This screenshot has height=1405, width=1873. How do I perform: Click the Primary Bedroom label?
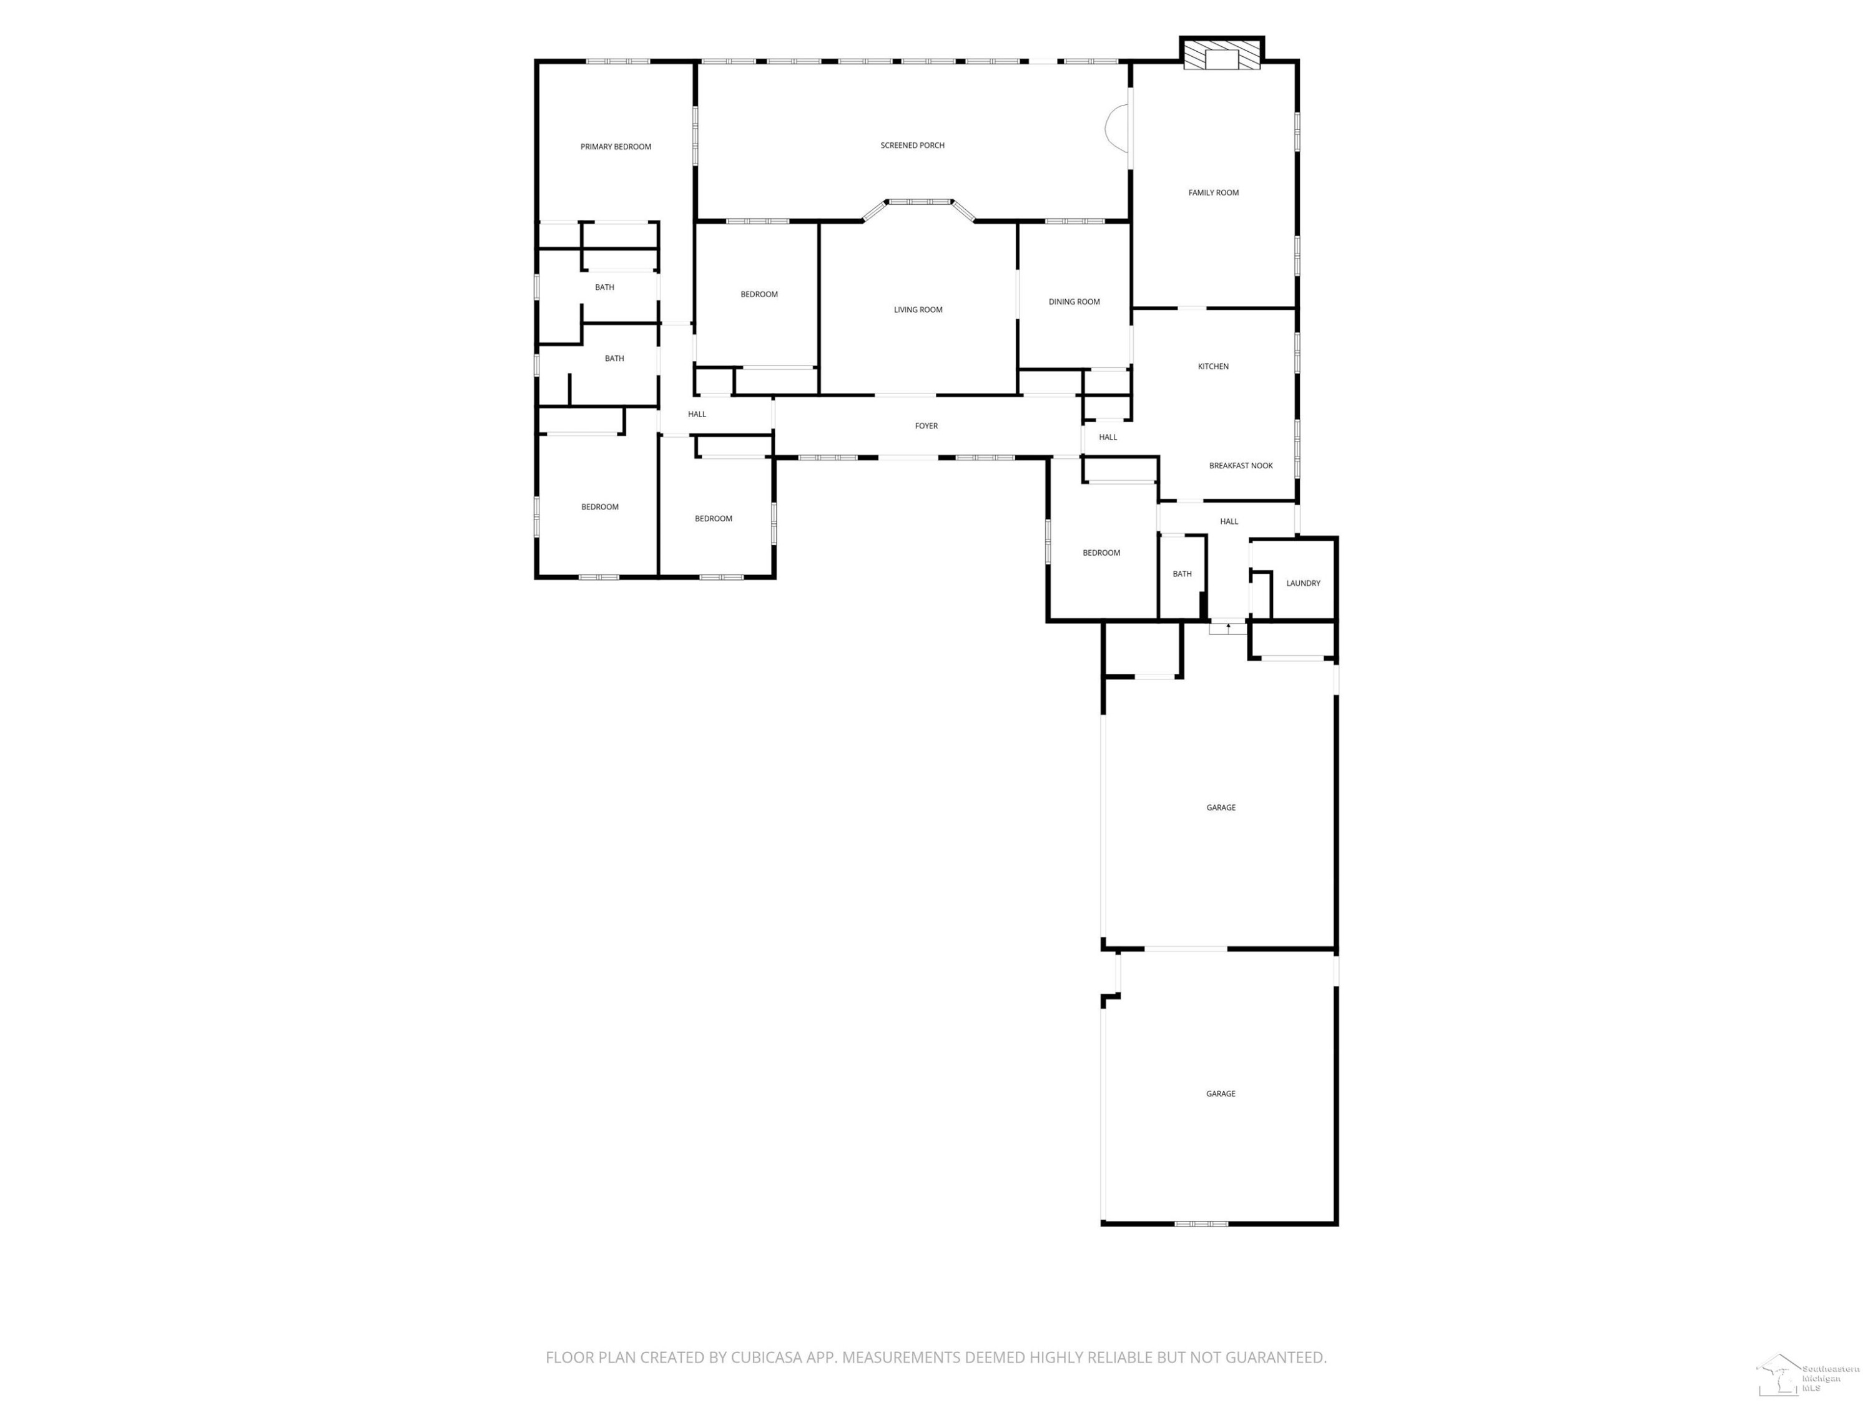[x=616, y=147]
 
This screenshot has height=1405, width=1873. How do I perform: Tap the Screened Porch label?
[x=912, y=145]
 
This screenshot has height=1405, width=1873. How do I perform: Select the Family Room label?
[x=1213, y=193]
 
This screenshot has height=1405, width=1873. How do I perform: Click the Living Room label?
[x=918, y=310]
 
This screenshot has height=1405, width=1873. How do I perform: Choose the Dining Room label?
[x=1074, y=302]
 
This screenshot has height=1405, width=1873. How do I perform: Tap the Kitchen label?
[x=1213, y=367]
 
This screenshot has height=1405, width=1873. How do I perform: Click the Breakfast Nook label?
[x=1241, y=466]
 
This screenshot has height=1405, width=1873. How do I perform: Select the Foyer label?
[x=927, y=426]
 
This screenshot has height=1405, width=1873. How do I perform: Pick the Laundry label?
[x=1303, y=583]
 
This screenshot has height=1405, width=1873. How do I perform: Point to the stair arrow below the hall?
[x=1228, y=628]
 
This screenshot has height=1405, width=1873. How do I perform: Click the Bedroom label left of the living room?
[x=759, y=295]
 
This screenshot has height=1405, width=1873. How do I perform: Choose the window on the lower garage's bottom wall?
[x=1201, y=1223]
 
